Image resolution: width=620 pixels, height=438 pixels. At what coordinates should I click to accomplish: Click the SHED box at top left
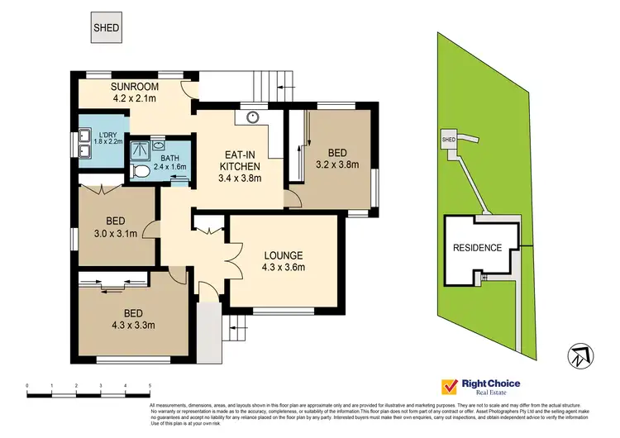(x=106, y=28)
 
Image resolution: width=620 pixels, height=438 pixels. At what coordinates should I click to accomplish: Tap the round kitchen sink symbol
(x=251, y=117)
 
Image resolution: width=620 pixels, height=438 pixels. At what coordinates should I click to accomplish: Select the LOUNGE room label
(x=284, y=255)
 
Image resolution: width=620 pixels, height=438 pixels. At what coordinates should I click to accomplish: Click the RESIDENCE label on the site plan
(x=477, y=248)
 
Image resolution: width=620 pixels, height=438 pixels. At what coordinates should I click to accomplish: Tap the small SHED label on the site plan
(x=449, y=140)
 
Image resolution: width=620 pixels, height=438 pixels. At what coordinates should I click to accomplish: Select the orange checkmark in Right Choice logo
(x=450, y=387)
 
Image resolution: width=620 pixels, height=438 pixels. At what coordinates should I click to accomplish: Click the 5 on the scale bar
(x=150, y=386)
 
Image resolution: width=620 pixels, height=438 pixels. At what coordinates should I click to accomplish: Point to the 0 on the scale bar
(x=27, y=386)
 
